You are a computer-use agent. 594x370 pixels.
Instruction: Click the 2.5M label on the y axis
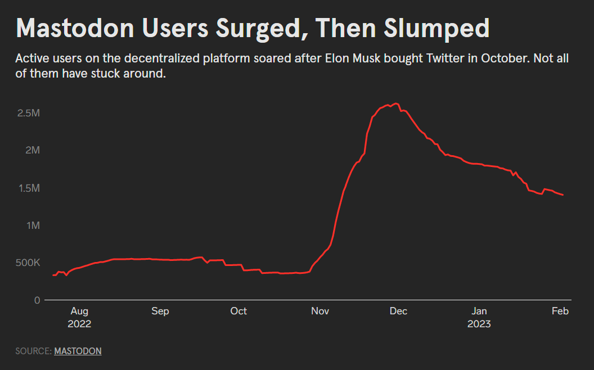click(29, 113)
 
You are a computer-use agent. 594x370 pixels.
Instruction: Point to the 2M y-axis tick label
click(32, 150)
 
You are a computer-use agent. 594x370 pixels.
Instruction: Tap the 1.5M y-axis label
click(29, 188)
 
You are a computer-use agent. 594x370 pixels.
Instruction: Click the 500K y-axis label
click(27, 263)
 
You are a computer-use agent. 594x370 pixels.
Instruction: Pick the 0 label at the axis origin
click(37, 300)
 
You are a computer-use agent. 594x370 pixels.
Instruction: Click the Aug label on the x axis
click(79, 311)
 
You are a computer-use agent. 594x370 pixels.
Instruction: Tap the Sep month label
click(160, 311)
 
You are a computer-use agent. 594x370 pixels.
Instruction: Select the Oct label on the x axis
click(238, 311)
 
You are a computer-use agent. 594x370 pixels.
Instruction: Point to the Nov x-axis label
click(320, 311)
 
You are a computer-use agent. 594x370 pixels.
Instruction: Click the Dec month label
click(398, 311)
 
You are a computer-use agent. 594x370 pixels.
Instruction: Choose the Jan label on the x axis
click(479, 311)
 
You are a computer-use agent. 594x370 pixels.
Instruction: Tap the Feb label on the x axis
click(560, 311)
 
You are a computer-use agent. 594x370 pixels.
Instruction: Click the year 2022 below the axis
click(79, 324)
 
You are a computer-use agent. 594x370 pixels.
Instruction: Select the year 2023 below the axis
click(479, 324)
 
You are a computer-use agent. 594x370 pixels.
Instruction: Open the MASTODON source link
click(78, 351)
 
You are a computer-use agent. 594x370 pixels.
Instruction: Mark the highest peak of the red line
click(396, 103)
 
